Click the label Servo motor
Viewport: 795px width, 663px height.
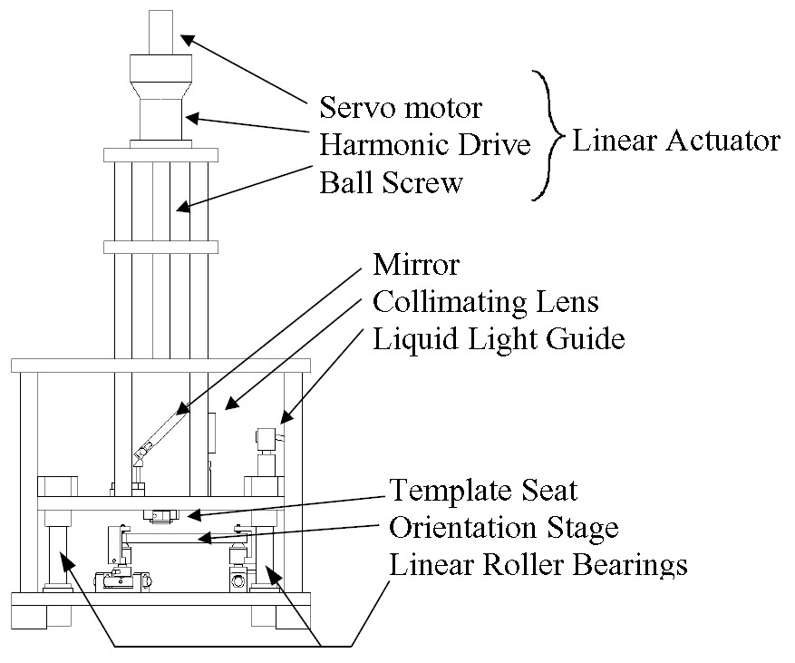[401, 108]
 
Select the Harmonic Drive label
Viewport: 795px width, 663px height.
[425, 145]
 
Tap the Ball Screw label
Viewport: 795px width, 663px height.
[391, 182]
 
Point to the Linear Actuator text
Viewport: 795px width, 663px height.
[675, 141]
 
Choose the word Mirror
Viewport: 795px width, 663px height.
[416, 265]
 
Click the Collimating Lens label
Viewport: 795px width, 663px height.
[486, 301]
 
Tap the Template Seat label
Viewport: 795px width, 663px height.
[483, 492]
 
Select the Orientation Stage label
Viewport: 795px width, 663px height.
[504, 528]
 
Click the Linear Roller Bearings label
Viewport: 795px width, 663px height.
[538, 565]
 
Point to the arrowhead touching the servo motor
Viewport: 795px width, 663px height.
[185, 38]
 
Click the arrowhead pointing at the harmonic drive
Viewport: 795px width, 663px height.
[190, 119]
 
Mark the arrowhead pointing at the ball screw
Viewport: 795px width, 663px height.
[182, 208]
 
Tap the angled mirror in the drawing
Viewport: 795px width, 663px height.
[158, 432]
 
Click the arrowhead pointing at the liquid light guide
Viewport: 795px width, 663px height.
[284, 419]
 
